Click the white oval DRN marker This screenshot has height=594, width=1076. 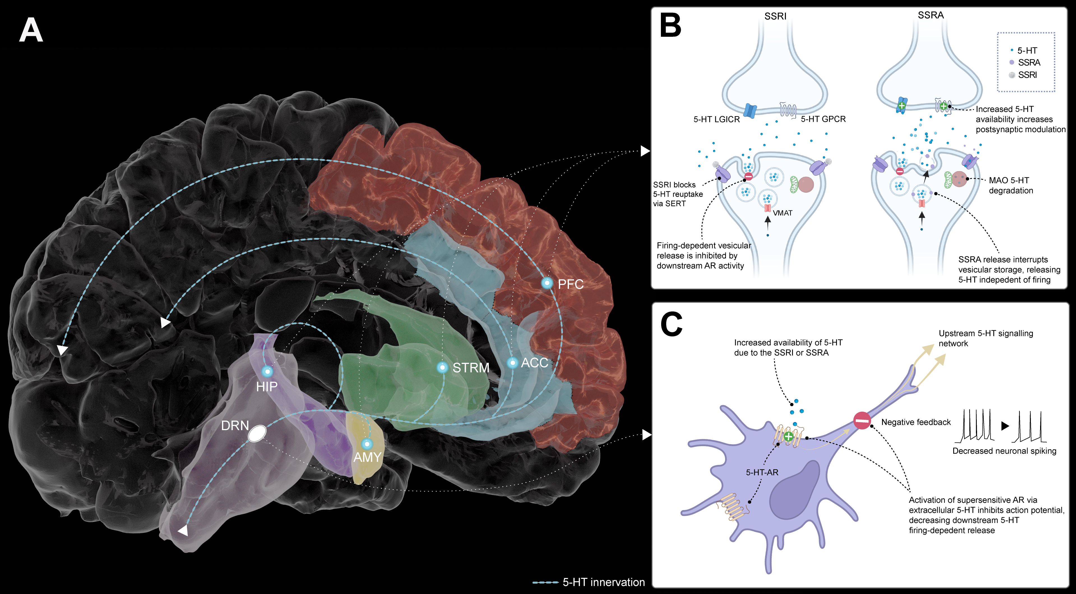[257, 434]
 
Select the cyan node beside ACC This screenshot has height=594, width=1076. [513, 363]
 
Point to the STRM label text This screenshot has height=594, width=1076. [471, 368]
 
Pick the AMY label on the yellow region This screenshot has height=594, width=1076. [367, 457]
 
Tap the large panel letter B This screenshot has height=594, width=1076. [670, 26]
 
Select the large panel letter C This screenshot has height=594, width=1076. [671, 325]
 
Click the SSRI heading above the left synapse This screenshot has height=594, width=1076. [775, 16]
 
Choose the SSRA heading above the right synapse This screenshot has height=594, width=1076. [931, 15]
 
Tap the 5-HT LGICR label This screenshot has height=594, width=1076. [716, 120]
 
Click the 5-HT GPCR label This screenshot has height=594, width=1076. [823, 119]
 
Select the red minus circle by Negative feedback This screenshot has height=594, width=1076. [862, 421]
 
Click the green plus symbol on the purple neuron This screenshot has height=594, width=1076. [788, 437]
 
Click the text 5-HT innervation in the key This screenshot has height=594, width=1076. [603, 582]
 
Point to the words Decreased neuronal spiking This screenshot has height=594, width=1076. [1004, 451]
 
